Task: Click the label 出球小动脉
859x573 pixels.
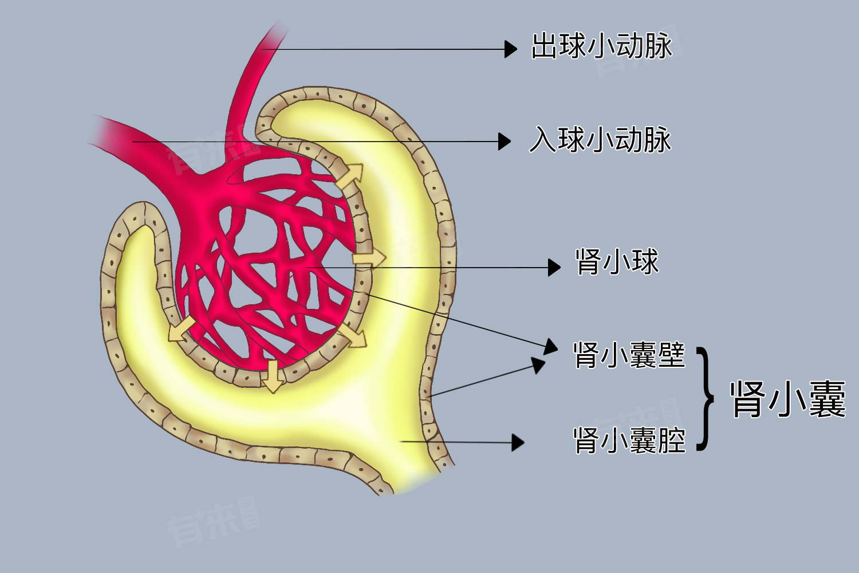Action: (x=601, y=46)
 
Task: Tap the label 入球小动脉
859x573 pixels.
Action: (x=600, y=139)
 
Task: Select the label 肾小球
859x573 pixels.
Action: (x=617, y=262)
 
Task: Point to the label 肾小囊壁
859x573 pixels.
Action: (x=629, y=355)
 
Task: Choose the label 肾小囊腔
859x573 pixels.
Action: (x=629, y=440)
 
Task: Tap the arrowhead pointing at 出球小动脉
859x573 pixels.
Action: (x=511, y=49)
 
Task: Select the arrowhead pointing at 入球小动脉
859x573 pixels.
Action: (x=505, y=141)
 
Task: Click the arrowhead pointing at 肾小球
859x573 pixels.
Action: (x=554, y=267)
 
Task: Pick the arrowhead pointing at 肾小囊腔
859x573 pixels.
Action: (x=518, y=442)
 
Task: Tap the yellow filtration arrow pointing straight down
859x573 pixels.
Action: (x=273, y=376)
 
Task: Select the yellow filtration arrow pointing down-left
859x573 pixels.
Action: (x=182, y=329)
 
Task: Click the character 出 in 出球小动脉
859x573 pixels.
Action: (x=544, y=46)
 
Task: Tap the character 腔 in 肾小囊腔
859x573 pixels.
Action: (x=672, y=440)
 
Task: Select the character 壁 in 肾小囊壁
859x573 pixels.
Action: (x=672, y=355)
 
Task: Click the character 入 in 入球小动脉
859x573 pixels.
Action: (x=543, y=139)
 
